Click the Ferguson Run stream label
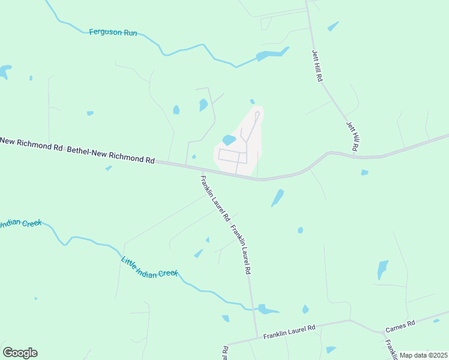pos(113,32)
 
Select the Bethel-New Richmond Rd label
pos(110,155)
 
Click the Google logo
pos(20,352)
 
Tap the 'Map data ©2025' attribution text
pos(423,355)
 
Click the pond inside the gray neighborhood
pos(229,140)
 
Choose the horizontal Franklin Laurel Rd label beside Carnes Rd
pos(289,331)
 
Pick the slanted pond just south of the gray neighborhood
pos(277,197)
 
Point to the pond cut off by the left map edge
pos(4,72)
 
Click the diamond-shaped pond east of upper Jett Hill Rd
pos(333,26)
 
